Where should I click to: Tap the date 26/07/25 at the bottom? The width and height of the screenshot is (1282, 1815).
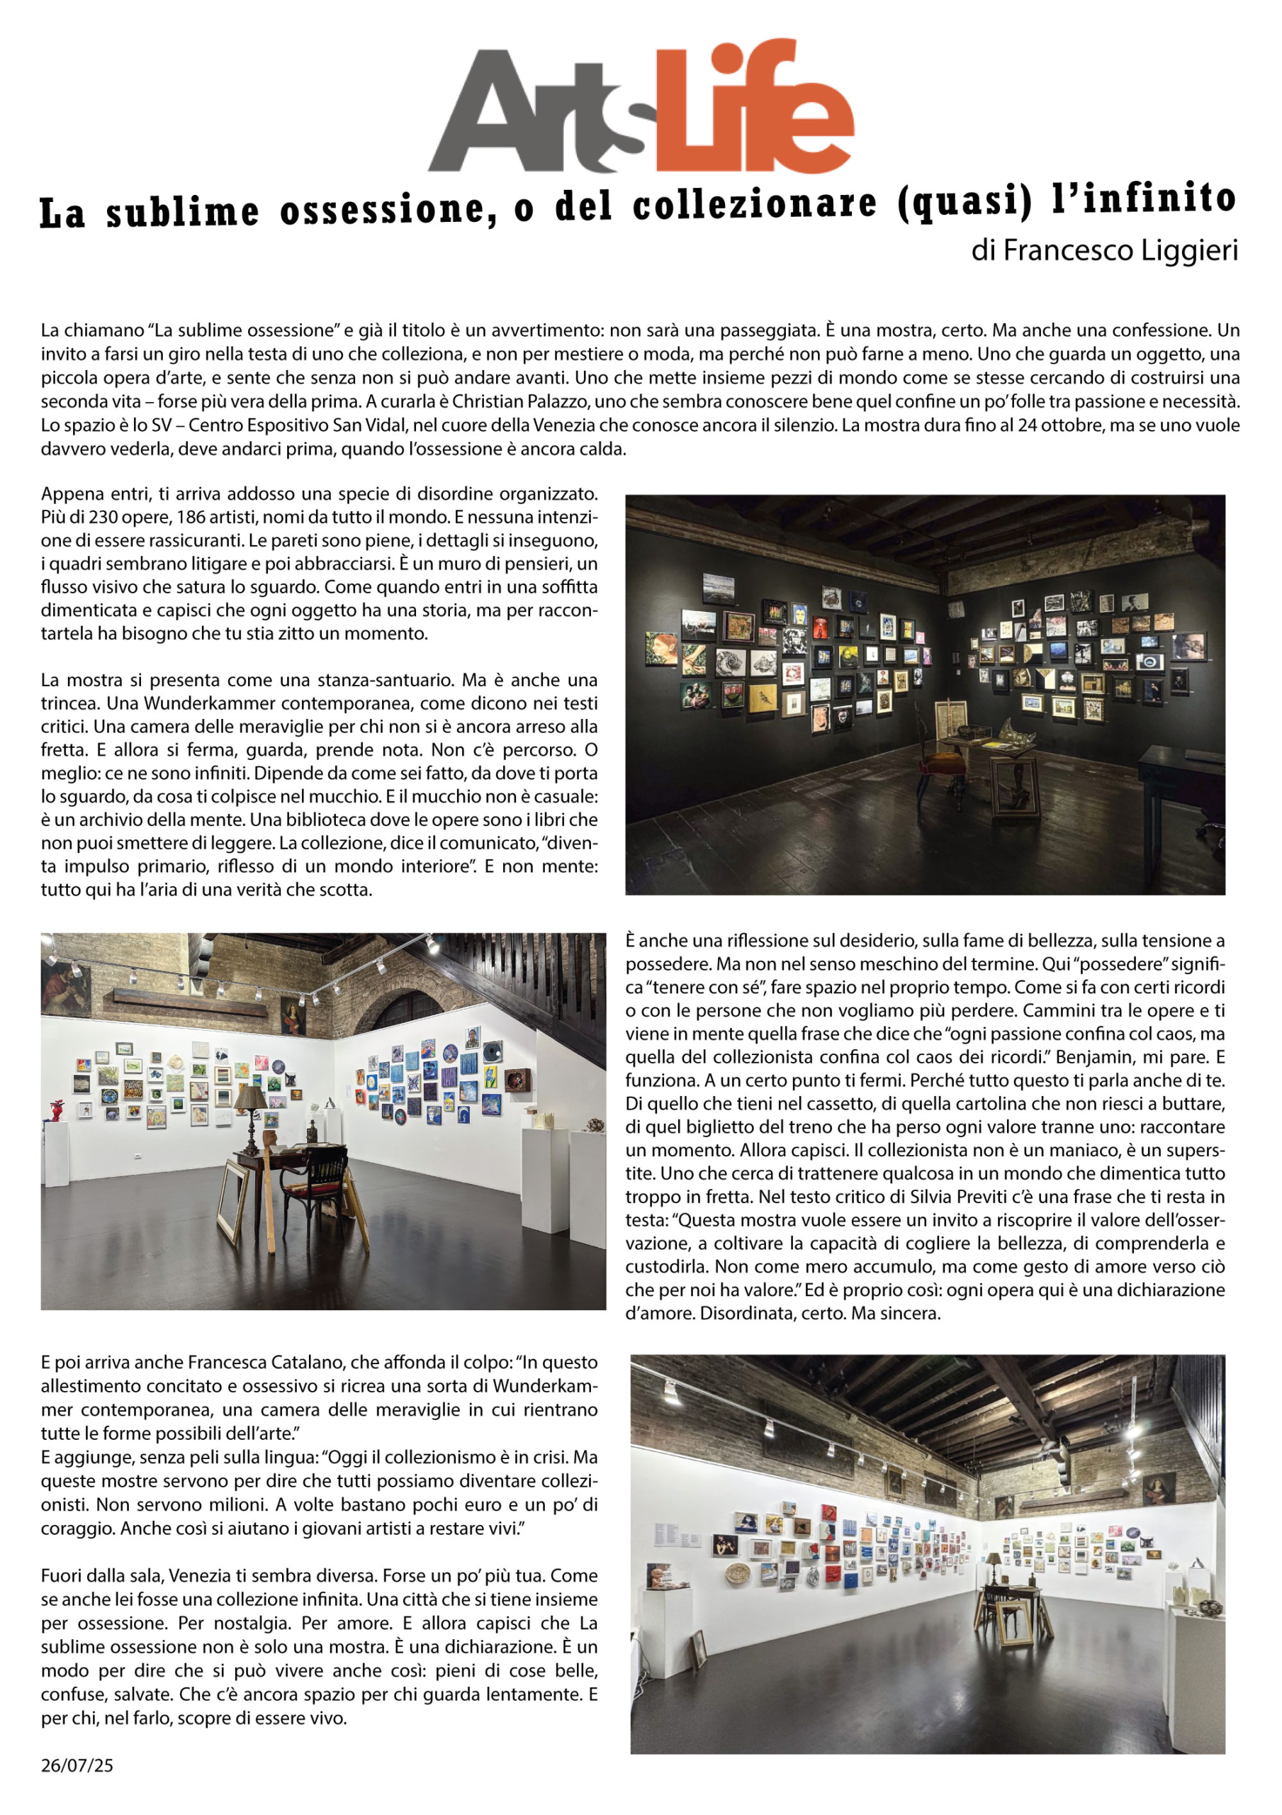(77, 1765)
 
